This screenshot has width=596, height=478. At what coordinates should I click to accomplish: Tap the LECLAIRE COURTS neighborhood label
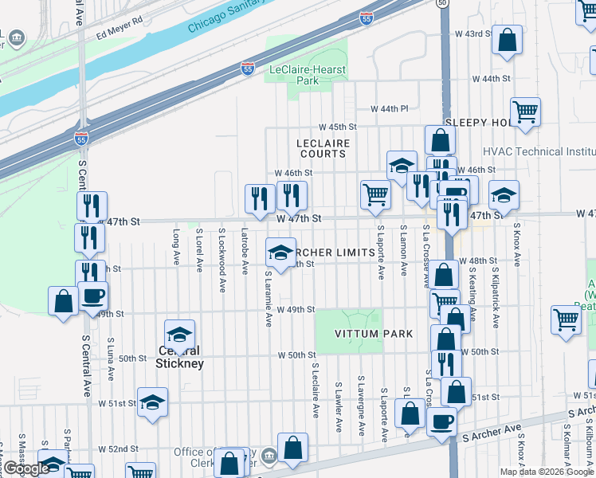coord(323,148)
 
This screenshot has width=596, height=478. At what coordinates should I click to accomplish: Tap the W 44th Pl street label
coord(389,108)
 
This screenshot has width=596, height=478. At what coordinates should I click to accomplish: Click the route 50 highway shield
coord(443,3)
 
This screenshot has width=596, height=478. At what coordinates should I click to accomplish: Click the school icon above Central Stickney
coord(180,335)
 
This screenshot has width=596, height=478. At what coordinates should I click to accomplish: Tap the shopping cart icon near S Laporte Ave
coord(374,194)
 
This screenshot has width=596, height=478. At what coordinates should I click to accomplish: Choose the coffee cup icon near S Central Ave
coord(93,296)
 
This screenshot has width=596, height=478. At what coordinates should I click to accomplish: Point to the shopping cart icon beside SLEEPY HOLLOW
coord(525,112)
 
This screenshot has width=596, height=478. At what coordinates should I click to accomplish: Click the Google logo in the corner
coord(25,468)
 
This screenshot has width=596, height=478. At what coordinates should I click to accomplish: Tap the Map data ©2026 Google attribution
coord(547,472)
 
